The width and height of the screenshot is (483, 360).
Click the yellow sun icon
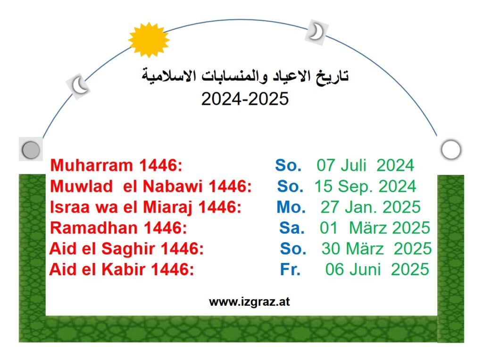tap(149, 40)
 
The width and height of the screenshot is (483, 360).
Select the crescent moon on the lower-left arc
tap(78, 85)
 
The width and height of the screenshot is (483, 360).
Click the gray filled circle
tap(31, 150)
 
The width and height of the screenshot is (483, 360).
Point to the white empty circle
tap(451, 149)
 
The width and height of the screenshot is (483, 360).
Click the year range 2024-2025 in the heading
tap(245, 99)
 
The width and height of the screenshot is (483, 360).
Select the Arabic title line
tap(245, 76)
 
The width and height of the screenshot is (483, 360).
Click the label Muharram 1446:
tap(116, 165)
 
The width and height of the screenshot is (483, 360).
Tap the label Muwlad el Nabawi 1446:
tap(150, 186)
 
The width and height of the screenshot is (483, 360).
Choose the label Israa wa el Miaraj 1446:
tap(145, 207)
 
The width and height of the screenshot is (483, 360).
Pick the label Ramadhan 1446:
tap(118, 228)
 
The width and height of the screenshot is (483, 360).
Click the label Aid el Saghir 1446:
tap(126, 249)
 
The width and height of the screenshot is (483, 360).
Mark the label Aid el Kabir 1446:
tap(121, 270)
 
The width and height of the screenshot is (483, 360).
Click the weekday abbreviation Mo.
tap(291, 207)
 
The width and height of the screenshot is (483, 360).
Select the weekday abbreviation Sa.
tap(291, 228)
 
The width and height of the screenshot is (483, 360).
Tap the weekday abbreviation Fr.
tap(290, 270)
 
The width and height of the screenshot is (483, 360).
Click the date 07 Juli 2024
tap(366, 165)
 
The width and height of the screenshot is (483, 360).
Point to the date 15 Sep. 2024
tap(366, 186)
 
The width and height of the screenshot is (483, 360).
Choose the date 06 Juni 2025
tap(377, 270)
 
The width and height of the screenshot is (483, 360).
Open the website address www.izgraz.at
tap(249, 302)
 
